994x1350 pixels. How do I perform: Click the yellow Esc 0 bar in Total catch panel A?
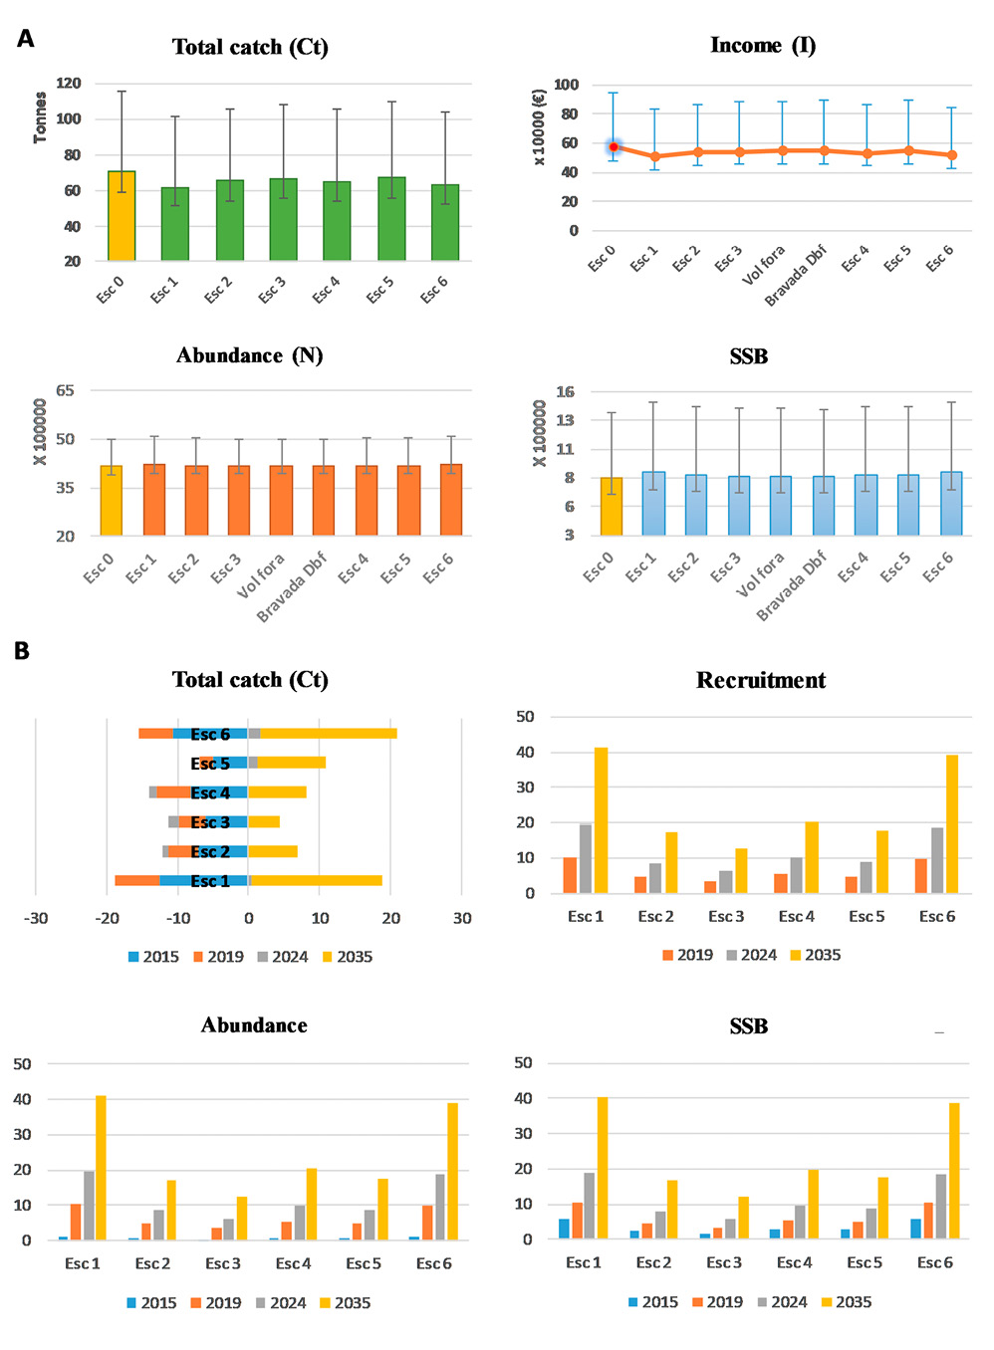tap(122, 216)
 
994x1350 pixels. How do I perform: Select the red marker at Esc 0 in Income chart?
tap(614, 146)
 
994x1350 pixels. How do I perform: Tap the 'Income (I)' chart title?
tap(763, 45)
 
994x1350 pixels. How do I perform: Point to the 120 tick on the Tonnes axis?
tap(69, 84)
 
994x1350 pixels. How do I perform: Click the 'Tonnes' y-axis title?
tap(40, 117)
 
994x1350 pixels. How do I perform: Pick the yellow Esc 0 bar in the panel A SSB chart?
tap(612, 506)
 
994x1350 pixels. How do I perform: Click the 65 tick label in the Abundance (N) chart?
tap(65, 390)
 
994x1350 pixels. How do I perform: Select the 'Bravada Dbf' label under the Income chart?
tap(795, 276)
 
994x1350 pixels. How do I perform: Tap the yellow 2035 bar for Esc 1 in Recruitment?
tap(601, 820)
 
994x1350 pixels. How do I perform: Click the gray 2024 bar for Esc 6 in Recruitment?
tap(937, 860)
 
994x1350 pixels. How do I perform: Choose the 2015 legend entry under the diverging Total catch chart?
tap(153, 957)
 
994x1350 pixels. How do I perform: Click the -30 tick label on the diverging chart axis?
tap(36, 918)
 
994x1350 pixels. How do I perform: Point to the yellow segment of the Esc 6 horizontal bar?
tap(329, 734)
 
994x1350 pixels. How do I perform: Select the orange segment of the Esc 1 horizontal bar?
tap(137, 880)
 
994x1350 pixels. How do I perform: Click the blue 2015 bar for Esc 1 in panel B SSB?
tap(564, 1229)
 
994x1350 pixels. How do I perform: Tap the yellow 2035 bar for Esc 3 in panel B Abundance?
tap(242, 1218)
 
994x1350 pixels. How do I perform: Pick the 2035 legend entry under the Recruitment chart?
tap(816, 955)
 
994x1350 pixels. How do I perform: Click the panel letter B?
tap(22, 651)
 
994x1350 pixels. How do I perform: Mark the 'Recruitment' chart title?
tap(761, 680)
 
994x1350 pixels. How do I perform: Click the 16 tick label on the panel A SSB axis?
tap(565, 391)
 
